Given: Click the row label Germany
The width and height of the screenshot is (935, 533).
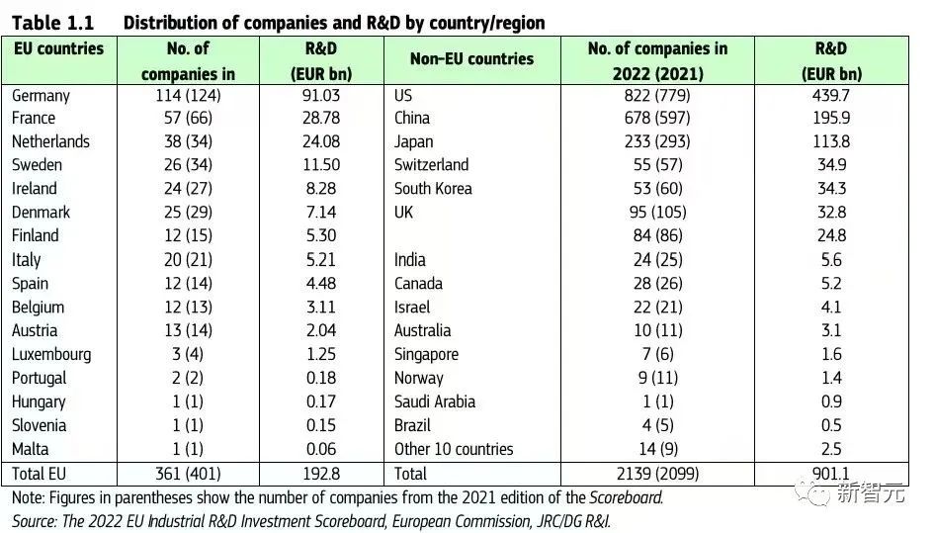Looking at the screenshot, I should click(x=41, y=96).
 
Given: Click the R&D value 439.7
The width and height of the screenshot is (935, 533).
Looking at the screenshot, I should click(x=831, y=96).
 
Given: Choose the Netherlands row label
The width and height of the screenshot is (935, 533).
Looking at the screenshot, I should click(x=50, y=141).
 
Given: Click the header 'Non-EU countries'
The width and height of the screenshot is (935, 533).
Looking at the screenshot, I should click(x=471, y=59).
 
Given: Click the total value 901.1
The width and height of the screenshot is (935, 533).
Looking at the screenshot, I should click(x=831, y=474).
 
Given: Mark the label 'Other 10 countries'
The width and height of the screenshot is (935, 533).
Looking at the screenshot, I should click(x=454, y=449).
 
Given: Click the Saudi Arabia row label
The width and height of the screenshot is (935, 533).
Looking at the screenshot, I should click(x=434, y=401).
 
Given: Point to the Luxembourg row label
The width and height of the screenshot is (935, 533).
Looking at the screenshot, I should click(x=51, y=354).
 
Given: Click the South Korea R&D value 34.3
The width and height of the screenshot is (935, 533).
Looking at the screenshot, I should click(x=831, y=188).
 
